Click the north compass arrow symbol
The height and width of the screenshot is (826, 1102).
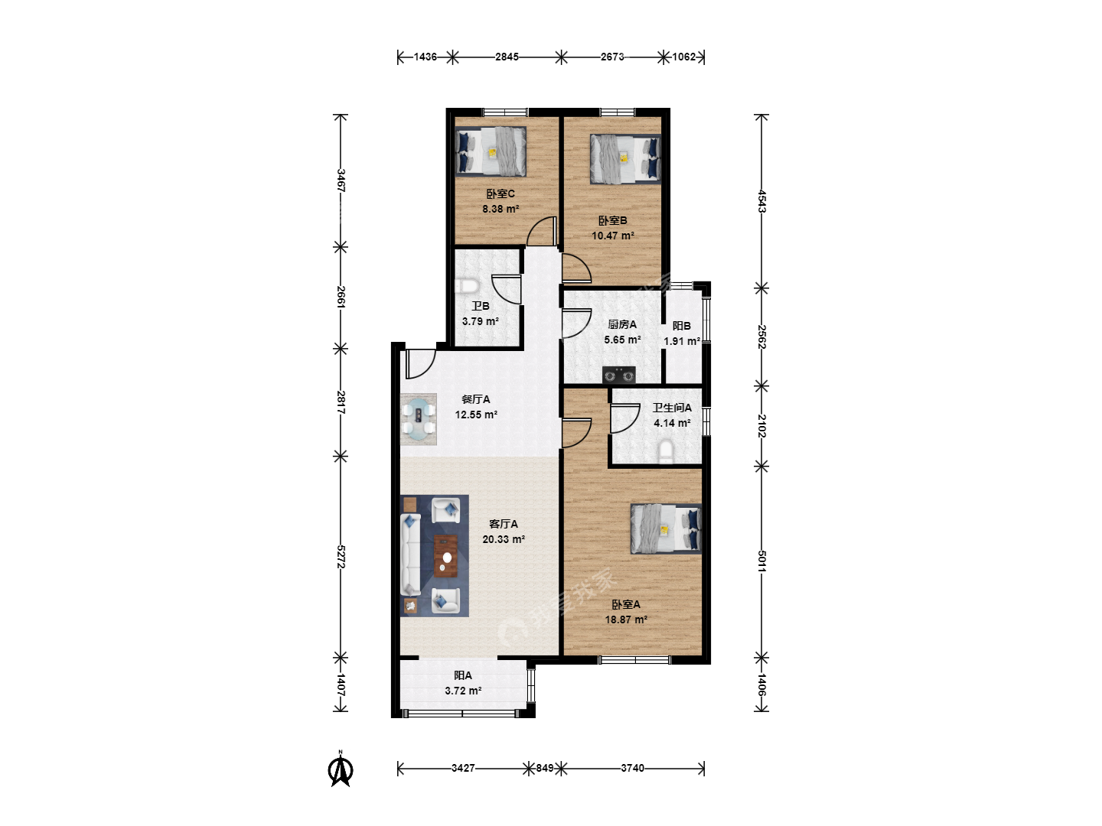(341, 770)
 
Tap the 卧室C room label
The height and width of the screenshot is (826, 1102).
(500, 193)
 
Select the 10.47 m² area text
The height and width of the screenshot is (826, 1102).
(612, 236)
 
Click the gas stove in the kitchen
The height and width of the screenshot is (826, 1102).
(618, 375)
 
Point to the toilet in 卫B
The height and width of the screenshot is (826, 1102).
(466, 286)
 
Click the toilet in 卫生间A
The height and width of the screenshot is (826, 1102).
(667, 451)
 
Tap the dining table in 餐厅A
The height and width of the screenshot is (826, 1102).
(418, 419)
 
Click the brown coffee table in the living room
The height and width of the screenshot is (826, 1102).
(446, 556)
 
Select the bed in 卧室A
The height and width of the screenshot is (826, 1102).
(666, 528)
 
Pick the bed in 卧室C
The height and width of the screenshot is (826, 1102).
(491, 151)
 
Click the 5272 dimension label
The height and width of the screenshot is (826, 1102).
(341, 556)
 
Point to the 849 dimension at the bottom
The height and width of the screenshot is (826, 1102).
(545, 768)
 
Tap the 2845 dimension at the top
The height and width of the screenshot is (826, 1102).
(507, 57)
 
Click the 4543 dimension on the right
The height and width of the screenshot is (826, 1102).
(761, 201)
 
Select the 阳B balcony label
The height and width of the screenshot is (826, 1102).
(681, 326)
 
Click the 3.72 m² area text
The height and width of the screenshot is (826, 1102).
(463, 691)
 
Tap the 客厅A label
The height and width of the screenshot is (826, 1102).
(503, 524)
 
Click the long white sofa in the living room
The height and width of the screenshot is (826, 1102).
(410, 554)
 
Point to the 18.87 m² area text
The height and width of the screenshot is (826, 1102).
(625, 619)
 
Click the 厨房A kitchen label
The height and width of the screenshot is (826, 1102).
(622, 324)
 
